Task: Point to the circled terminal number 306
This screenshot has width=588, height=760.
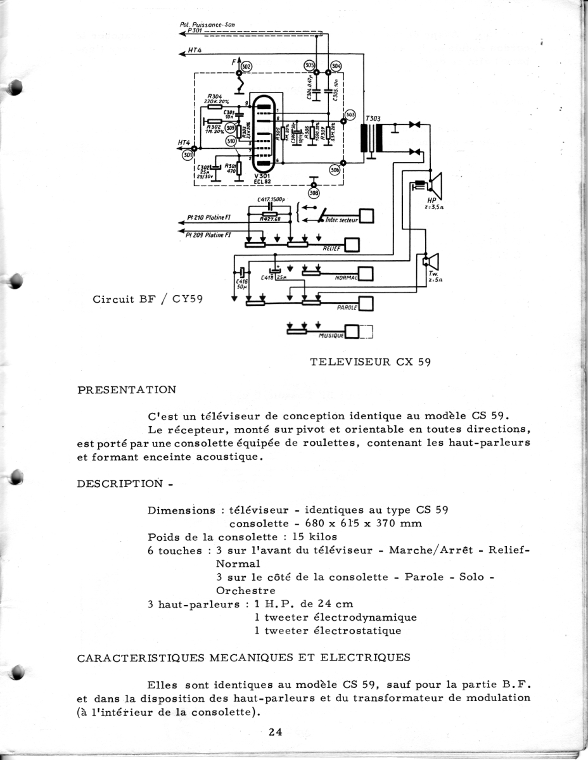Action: coord(335,169)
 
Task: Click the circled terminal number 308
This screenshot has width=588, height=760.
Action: coord(313,193)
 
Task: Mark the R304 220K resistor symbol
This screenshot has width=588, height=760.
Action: coord(215,106)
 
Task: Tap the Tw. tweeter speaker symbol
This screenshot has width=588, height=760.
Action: coord(431,260)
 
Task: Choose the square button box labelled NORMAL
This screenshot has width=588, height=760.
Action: coord(367,274)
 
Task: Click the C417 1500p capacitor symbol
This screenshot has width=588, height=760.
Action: coord(272,206)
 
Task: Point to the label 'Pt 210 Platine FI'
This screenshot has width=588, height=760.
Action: coord(212,217)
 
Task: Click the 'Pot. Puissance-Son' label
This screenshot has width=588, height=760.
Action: coord(207,25)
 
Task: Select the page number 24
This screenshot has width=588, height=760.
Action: coord(275,733)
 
